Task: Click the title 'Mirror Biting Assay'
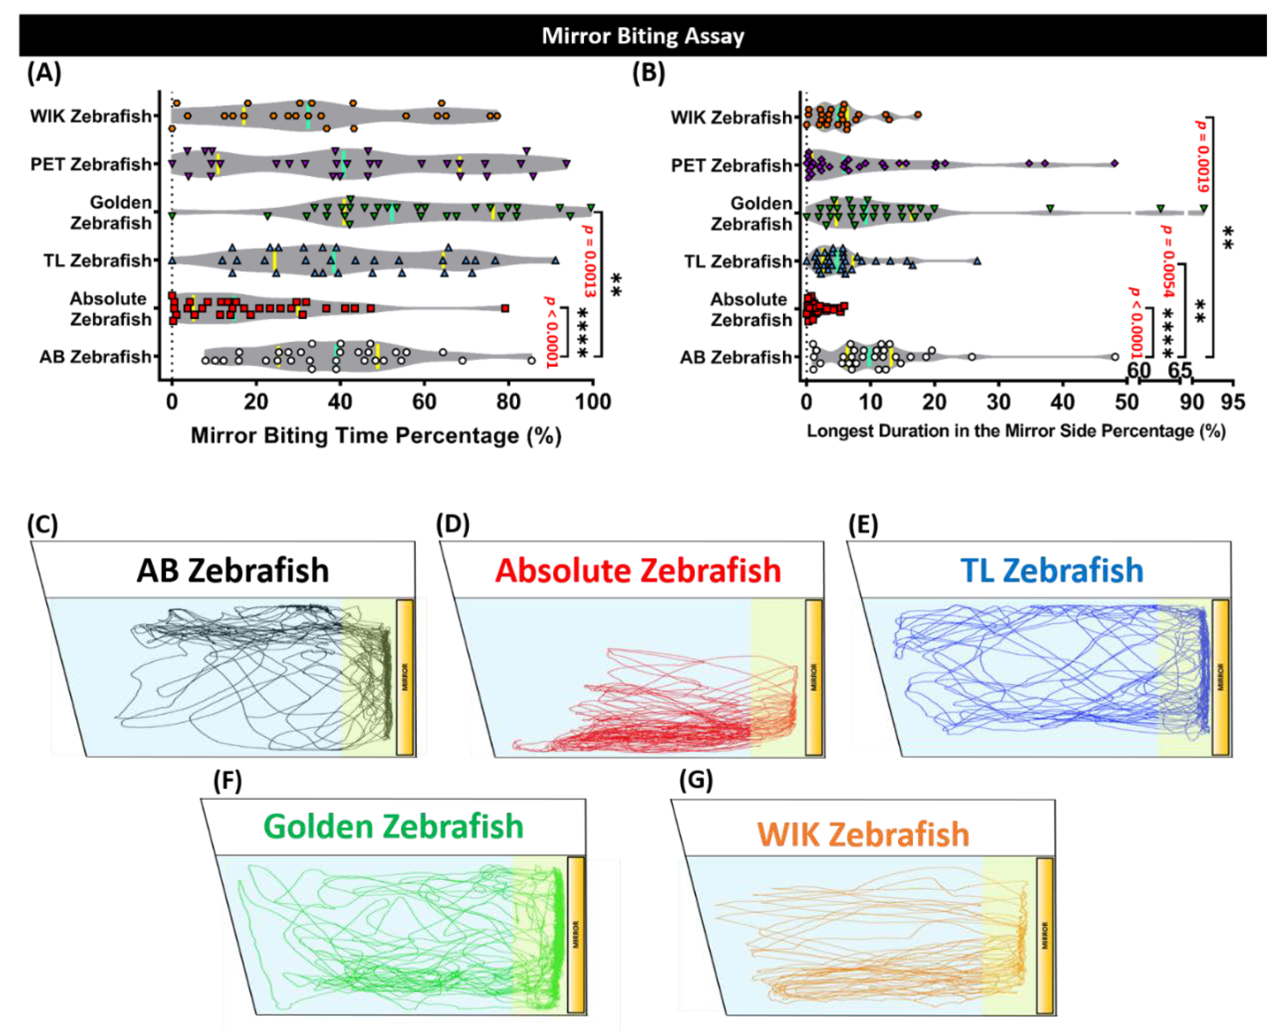pos(643,36)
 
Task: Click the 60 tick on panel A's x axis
pos(424,402)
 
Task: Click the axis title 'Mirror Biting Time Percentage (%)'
pos(376,435)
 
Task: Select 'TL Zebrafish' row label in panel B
pos(738,261)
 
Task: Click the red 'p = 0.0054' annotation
pos(1167,261)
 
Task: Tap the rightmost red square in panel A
pos(505,308)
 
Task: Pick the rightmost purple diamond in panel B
pos(1115,163)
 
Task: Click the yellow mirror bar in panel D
pos(814,677)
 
